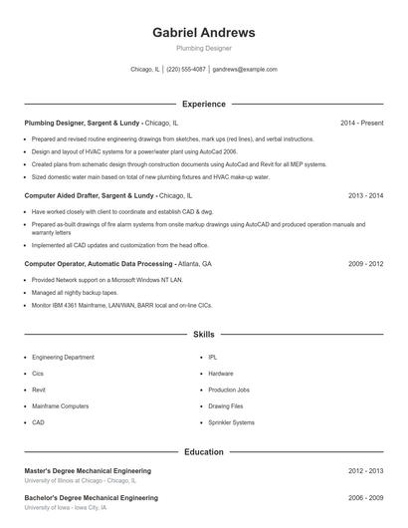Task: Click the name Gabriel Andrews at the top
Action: click(203, 32)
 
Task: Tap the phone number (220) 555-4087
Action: click(186, 70)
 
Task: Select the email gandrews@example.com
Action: click(245, 70)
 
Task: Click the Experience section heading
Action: click(203, 104)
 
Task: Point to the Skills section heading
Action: click(203, 336)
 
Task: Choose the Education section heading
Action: click(203, 451)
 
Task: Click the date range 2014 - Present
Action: click(361, 123)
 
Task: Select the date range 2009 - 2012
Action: click(365, 264)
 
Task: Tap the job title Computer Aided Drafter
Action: click(63, 196)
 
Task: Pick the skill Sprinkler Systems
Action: click(231, 422)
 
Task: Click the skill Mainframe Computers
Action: click(60, 406)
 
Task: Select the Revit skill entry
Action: click(39, 390)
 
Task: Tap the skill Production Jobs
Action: click(229, 390)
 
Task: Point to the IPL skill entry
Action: click(212, 357)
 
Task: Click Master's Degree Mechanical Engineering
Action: click(88, 470)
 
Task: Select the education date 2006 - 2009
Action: click(365, 496)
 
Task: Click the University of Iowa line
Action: click(65, 507)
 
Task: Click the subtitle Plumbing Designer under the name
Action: click(203, 47)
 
